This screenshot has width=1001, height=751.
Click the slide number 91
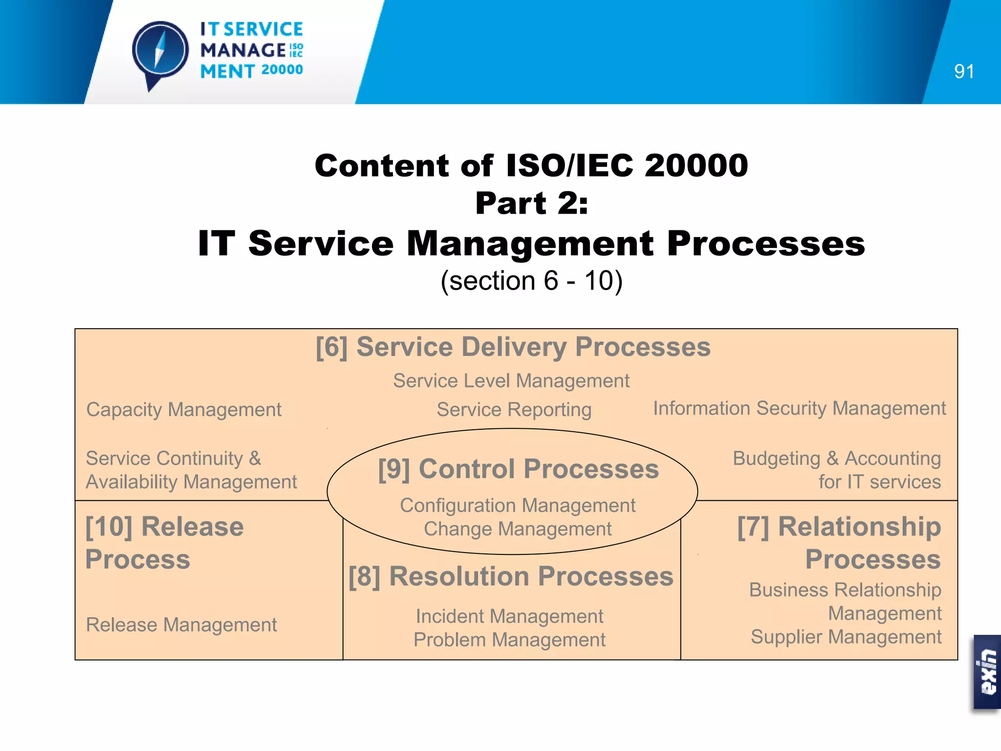pyautogui.click(x=964, y=72)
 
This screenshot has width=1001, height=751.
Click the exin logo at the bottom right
pyautogui.click(x=987, y=672)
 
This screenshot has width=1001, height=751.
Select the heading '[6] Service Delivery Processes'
pyautogui.click(x=513, y=347)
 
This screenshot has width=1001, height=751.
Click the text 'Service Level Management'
pyautogui.click(x=511, y=381)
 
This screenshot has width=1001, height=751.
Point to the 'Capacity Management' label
pyautogui.click(x=184, y=410)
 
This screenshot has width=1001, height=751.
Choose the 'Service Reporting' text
pyautogui.click(x=514, y=410)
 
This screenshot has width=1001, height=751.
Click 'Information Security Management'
pyautogui.click(x=799, y=408)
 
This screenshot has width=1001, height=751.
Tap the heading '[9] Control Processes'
pyautogui.click(x=518, y=469)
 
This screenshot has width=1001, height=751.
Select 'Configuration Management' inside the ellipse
pyautogui.click(x=518, y=506)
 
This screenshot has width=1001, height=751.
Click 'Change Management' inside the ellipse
pyautogui.click(x=518, y=529)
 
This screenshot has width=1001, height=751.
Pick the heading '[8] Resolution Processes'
pyautogui.click(x=511, y=576)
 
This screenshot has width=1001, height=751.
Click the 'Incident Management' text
pyautogui.click(x=509, y=617)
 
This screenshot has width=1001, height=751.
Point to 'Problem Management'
pyautogui.click(x=509, y=640)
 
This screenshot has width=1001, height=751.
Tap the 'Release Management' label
pyautogui.click(x=181, y=625)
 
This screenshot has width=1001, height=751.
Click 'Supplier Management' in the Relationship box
pyautogui.click(x=846, y=637)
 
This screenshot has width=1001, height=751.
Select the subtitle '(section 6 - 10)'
pyautogui.click(x=531, y=281)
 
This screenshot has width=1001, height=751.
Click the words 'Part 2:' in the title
pyautogui.click(x=531, y=203)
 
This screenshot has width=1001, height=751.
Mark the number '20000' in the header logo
pyautogui.click(x=282, y=70)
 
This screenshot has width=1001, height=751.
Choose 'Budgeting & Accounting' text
pyautogui.click(x=836, y=459)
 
